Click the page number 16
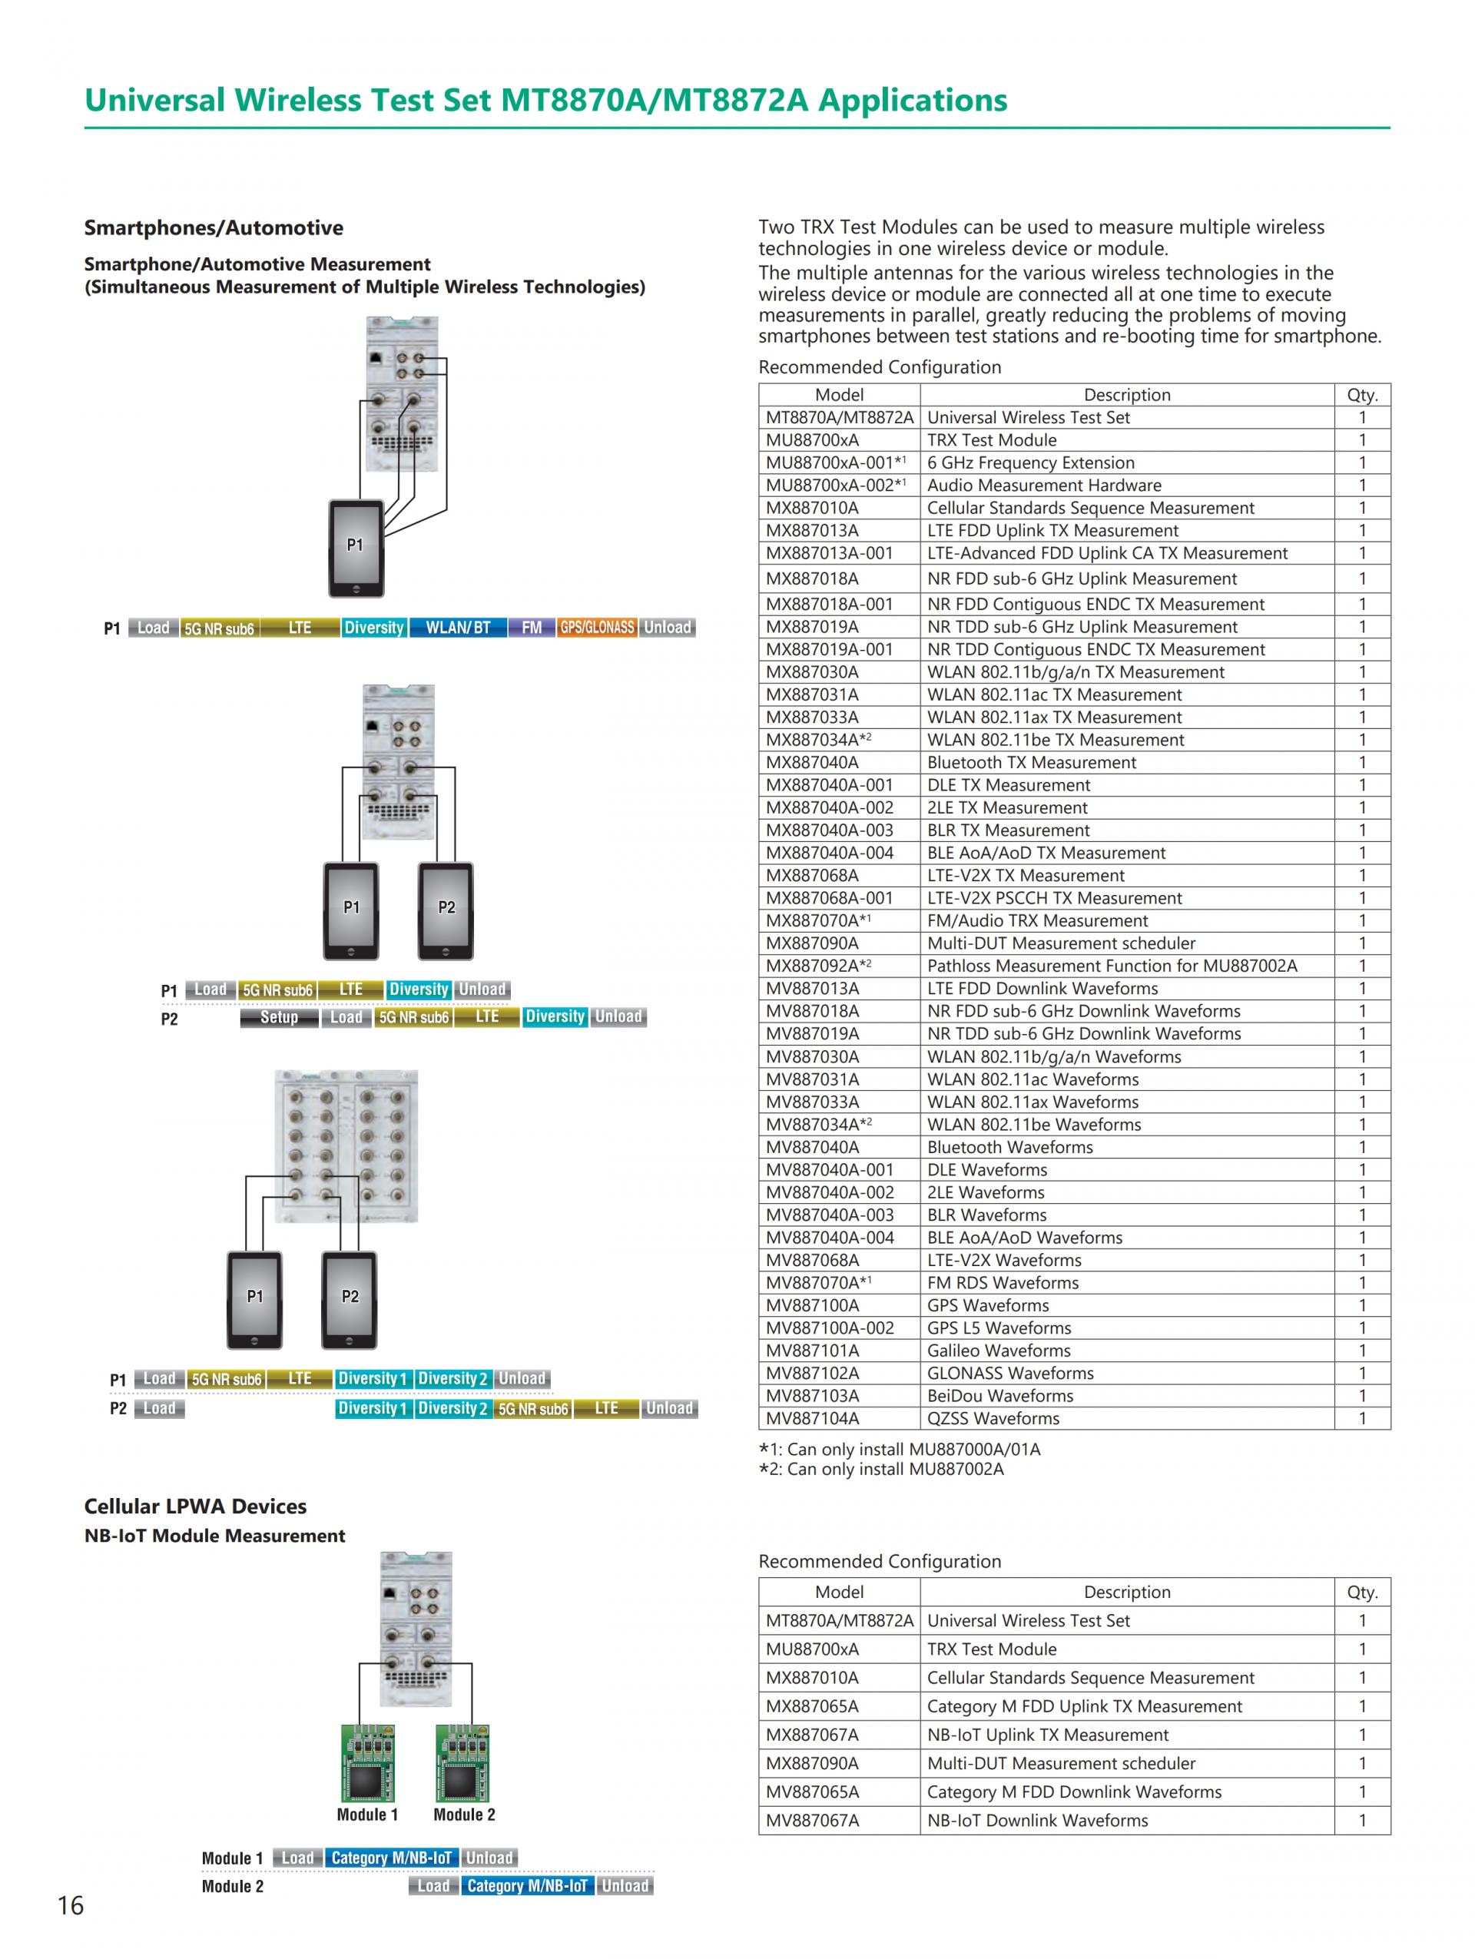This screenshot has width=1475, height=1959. [x=71, y=1904]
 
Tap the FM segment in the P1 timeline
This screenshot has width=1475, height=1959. [x=531, y=628]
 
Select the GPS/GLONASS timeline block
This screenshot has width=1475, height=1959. [x=597, y=628]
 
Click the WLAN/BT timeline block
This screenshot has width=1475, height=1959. [x=458, y=628]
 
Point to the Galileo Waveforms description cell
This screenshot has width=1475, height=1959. [x=999, y=1351]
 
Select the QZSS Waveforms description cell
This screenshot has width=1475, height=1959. [x=993, y=1418]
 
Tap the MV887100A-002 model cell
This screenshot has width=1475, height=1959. [x=830, y=1328]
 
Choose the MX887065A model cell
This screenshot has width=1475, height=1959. [x=812, y=1705]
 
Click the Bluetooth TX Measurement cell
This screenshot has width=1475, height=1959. [x=1032, y=763]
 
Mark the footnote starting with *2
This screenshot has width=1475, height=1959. [x=881, y=1469]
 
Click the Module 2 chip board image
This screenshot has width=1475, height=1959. [x=463, y=1762]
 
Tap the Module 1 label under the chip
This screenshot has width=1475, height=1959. [x=367, y=1815]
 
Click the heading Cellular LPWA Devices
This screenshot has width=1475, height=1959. [x=195, y=1507]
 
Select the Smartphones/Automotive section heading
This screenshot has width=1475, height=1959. [x=214, y=227]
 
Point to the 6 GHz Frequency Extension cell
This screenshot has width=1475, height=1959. [x=1029, y=462]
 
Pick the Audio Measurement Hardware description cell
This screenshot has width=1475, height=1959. [x=1044, y=486]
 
